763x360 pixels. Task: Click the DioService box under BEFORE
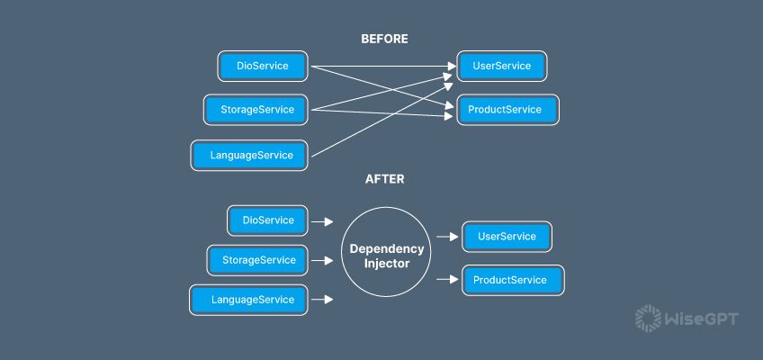[x=263, y=66]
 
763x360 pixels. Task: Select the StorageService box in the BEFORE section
[x=256, y=110]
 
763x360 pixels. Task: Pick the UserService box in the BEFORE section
[x=500, y=66]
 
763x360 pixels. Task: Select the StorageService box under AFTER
[x=257, y=260]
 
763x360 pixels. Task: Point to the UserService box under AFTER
[x=506, y=237]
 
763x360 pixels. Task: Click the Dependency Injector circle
[x=385, y=254]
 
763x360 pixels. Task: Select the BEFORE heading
[x=384, y=39]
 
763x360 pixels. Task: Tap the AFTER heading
[x=384, y=179]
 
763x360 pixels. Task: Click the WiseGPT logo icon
[x=647, y=318]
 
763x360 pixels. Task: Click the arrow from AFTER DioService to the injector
[x=322, y=220]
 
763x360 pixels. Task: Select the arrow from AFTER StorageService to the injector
[x=322, y=261]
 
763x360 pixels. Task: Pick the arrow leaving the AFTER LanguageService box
[x=322, y=300]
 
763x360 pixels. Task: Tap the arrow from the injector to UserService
[x=447, y=237]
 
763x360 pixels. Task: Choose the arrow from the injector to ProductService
[x=447, y=280]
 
